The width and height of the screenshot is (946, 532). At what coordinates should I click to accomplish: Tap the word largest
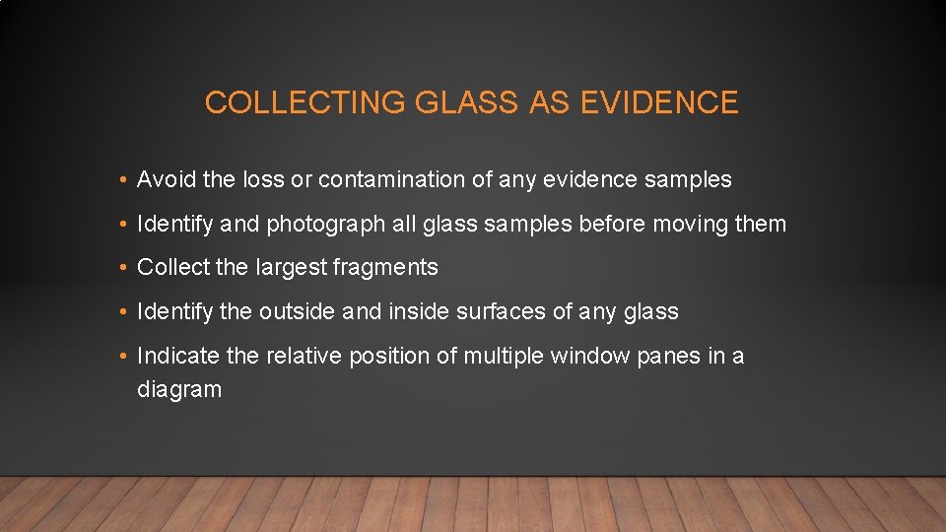[291, 268]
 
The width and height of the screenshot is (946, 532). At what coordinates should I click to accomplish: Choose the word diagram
[179, 389]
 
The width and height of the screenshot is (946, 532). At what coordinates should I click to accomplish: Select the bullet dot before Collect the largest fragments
[118, 268]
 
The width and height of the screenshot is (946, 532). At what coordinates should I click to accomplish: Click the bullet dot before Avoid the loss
[118, 180]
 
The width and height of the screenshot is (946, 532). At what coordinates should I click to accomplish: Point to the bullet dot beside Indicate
[118, 356]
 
